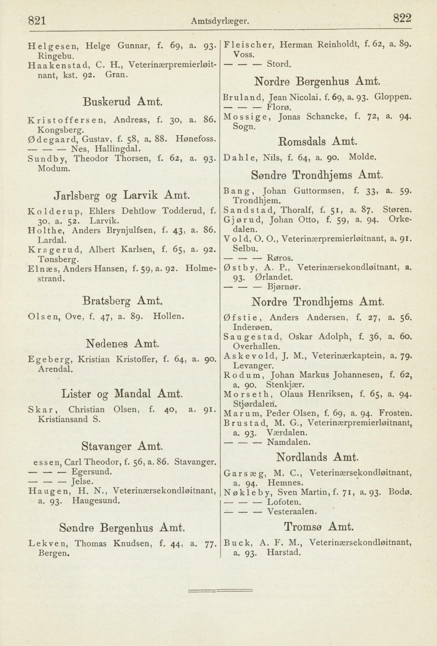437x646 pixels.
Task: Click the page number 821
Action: (37, 21)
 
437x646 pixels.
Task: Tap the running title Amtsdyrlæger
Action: (220, 21)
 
